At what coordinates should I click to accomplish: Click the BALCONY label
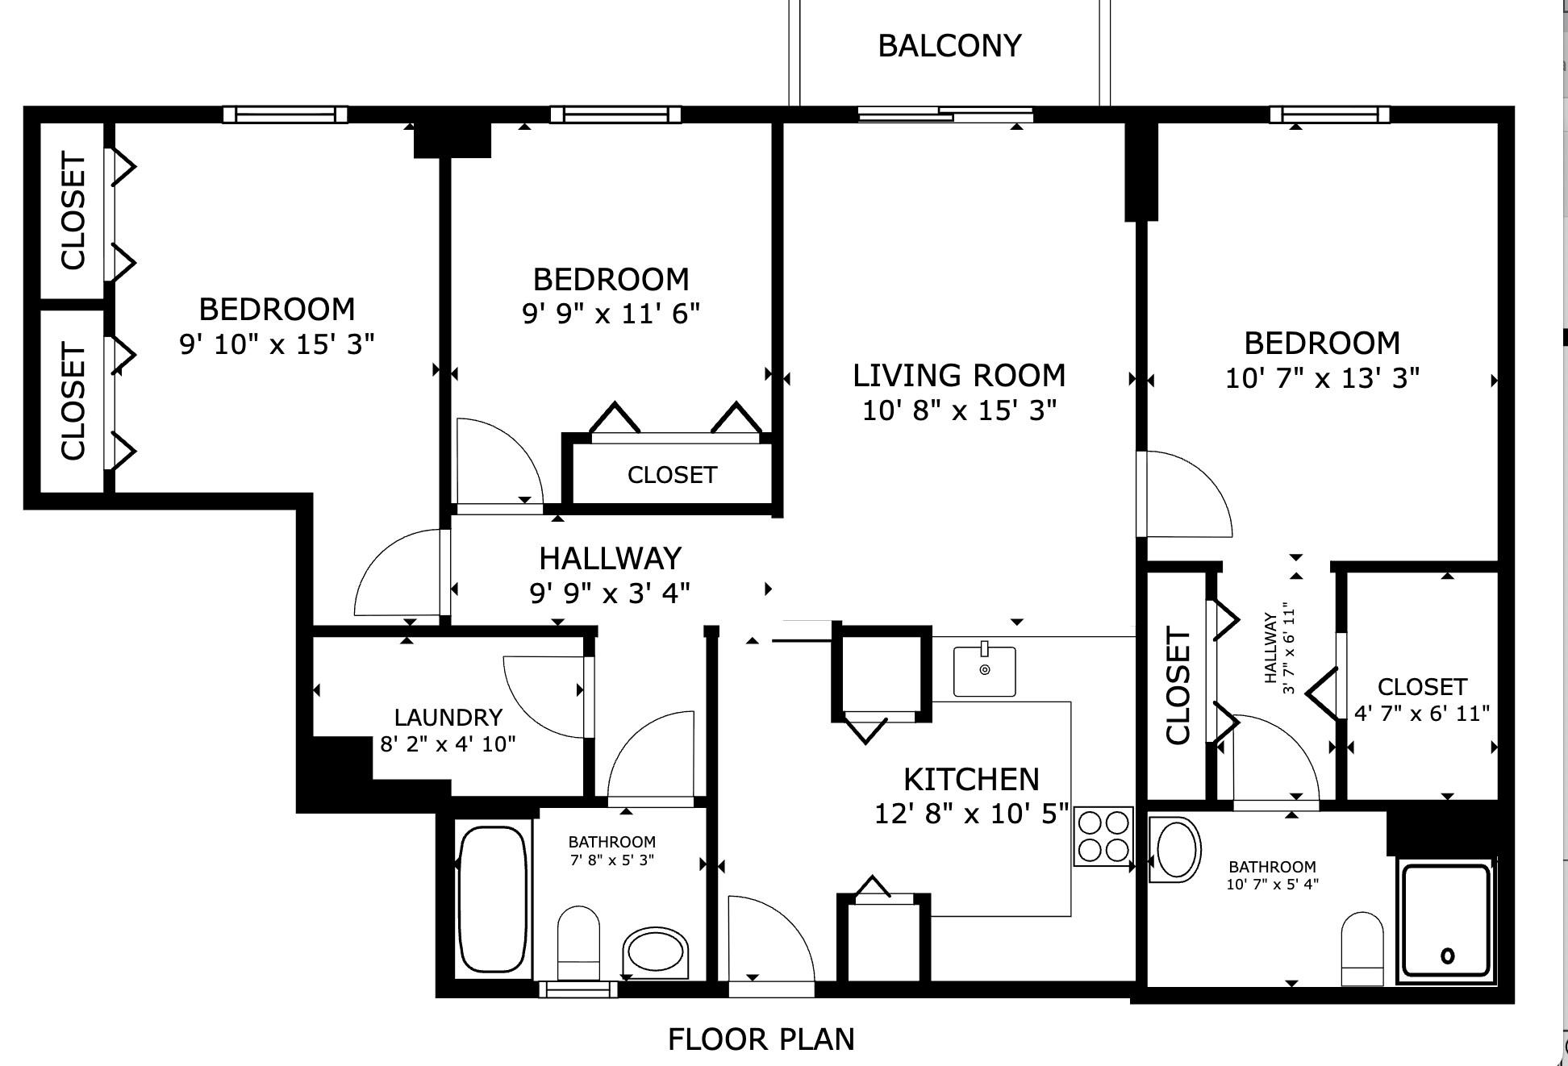949,46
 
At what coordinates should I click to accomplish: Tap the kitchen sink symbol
984,671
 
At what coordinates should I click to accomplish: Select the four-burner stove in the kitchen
1103,836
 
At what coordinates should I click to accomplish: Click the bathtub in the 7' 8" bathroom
492,899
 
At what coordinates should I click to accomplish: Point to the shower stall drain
1447,956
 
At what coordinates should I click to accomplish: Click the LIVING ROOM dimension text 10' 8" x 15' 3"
959,410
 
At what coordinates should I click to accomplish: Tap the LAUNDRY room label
448,717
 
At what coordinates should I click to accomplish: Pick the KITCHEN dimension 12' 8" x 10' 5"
971,814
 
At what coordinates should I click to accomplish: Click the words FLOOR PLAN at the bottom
761,1039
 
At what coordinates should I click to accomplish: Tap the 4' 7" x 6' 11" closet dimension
1421,714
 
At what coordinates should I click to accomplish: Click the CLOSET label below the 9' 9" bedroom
672,475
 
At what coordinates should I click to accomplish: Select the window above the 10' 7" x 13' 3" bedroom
1329,115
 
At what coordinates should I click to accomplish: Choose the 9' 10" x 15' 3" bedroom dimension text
277,344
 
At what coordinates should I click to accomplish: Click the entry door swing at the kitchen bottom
766,939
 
